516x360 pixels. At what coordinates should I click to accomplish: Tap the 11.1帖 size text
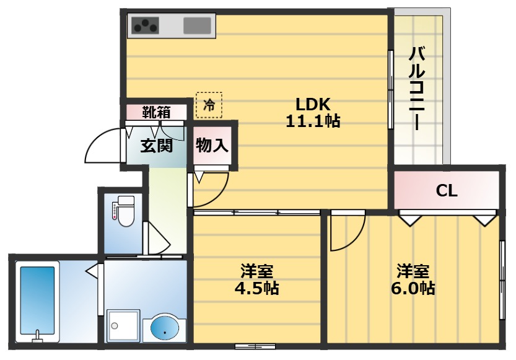(313, 121)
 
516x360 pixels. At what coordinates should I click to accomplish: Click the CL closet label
(447, 191)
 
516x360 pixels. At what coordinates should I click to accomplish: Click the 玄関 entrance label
(155, 146)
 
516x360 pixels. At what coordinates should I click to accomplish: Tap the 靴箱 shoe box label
(156, 113)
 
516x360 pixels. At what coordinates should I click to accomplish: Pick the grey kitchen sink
(198, 25)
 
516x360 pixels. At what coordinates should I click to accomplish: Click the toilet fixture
(125, 211)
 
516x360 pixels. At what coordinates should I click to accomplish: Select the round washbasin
(164, 327)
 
